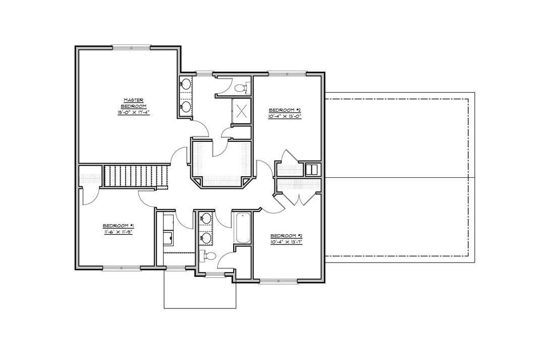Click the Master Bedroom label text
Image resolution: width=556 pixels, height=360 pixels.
pos(135,103)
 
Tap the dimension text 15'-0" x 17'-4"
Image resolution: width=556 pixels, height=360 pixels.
pos(135,113)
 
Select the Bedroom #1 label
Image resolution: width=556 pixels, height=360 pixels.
pos(118,226)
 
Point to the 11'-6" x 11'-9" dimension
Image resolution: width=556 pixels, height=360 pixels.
pos(118,232)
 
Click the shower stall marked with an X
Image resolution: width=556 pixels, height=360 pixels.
pos(241,110)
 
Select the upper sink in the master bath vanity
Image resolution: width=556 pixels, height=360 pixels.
pos(186,84)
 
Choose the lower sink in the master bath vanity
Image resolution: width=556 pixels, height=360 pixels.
pos(186,106)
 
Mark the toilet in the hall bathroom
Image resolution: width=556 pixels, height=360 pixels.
pos(208,256)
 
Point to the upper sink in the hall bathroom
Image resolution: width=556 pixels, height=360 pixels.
pos(206,219)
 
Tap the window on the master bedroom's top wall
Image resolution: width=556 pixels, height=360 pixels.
pos(131,47)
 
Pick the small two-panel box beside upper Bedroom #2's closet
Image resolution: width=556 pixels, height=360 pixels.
pos(312,169)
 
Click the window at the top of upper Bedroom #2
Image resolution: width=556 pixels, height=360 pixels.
pos(286,74)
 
